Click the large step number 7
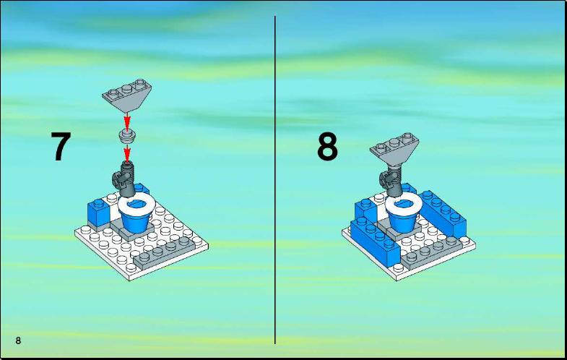(x=61, y=146)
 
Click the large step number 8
(x=328, y=146)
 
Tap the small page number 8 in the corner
(x=18, y=340)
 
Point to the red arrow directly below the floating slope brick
(x=126, y=121)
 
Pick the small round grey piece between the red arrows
(x=127, y=135)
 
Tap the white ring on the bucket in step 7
(x=137, y=204)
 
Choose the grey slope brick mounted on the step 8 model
(x=394, y=149)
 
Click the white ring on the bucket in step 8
(x=404, y=204)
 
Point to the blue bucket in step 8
(x=402, y=220)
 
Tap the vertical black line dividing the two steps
(x=274, y=180)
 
